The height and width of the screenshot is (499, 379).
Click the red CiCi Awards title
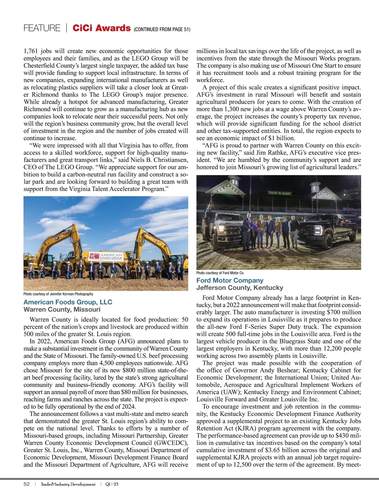(x=101, y=28)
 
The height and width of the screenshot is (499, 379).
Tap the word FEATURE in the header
(x=42, y=28)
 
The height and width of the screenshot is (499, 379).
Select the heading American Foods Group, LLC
(x=68, y=302)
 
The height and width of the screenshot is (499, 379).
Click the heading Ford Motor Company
(x=230, y=280)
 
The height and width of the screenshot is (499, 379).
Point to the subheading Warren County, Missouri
(x=62, y=309)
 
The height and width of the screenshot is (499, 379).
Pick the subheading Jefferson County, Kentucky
(x=240, y=288)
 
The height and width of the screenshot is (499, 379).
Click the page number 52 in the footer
(x=27, y=484)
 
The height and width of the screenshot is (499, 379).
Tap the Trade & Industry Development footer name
(x=68, y=484)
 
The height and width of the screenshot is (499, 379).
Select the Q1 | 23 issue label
(x=112, y=484)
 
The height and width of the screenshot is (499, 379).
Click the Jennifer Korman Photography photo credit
(x=58, y=294)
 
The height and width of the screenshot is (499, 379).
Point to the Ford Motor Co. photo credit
(x=220, y=273)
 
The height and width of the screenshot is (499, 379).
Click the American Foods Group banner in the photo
(x=106, y=256)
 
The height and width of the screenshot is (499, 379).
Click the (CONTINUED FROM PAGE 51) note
(x=162, y=29)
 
